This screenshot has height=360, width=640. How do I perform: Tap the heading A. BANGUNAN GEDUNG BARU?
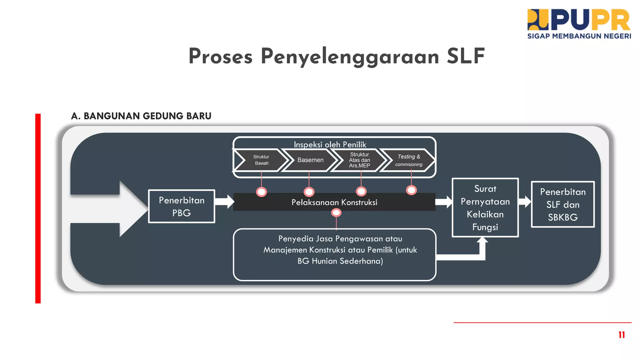[141, 116]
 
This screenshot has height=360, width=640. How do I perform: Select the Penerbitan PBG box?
[182, 206]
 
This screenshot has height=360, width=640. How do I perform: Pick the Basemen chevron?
[310, 160]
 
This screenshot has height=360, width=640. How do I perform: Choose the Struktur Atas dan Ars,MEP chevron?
[359, 160]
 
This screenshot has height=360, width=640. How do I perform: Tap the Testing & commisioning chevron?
[409, 160]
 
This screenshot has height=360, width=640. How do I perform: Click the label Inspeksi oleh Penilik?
[330, 144]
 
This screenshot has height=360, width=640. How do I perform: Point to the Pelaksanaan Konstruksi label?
[334, 202]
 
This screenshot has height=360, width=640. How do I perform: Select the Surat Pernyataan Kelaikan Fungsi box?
[485, 207]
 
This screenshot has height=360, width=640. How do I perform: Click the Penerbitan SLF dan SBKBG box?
[562, 204]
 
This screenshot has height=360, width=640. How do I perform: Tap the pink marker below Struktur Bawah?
[262, 192]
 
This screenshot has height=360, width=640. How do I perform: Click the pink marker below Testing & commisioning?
[411, 190]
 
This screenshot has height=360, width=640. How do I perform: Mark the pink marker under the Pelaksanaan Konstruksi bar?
[336, 213]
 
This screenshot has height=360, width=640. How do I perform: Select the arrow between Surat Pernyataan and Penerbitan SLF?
[525, 202]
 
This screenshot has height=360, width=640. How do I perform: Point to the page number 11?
[622, 335]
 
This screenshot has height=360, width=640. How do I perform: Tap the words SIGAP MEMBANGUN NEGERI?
[579, 36]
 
